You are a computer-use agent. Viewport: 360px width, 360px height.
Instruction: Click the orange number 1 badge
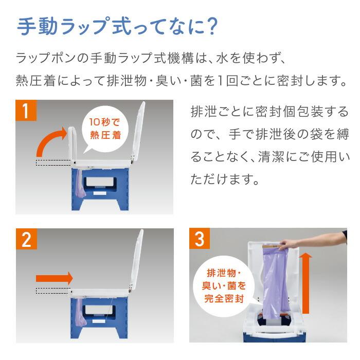(26, 110)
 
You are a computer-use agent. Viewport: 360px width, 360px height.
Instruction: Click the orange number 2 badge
(26, 239)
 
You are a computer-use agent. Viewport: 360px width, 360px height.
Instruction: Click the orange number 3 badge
(200, 238)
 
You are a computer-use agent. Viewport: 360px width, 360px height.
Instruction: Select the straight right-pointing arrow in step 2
(55, 278)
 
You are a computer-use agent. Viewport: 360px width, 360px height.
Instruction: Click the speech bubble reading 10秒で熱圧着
(105, 130)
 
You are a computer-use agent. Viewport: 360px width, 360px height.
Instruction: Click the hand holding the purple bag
(287, 244)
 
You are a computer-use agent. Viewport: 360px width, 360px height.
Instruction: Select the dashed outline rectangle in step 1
(53, 163)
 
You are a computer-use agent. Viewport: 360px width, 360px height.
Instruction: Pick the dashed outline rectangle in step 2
(53, 291)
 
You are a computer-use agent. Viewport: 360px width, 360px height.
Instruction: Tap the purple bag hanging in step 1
(80, 184)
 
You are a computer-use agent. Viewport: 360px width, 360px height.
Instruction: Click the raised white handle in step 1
(73, 144)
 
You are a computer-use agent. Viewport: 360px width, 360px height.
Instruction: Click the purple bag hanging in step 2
(80, 312)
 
